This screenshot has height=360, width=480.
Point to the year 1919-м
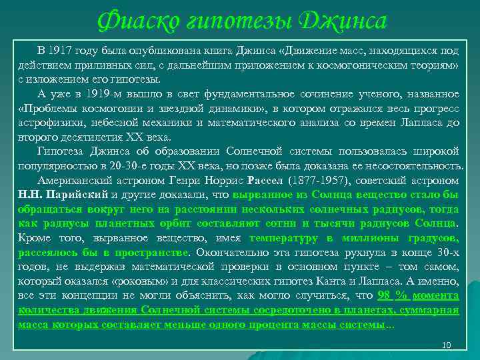point(106,93)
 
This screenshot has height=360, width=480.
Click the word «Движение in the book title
point(313,51)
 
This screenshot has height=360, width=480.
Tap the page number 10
point(447,345)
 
